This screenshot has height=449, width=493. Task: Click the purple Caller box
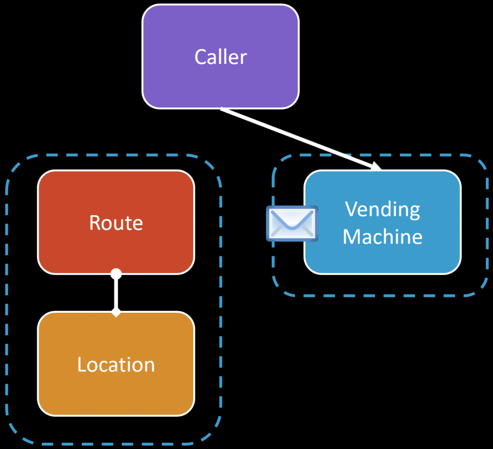pyautogui.click(x=220, y=56)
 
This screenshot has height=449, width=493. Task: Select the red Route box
pyautogui.click(x=116, y=222)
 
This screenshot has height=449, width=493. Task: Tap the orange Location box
pyautogui.click(x=116, y=364)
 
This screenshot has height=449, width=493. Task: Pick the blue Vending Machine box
pyautogui.click(x=383, y=222)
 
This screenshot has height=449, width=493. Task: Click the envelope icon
pyautogui.click(x=292, y=224)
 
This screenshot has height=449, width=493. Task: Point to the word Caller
pyautogui.click(x=220, y=57)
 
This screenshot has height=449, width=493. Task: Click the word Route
pyautogui.click(x=116, y=223)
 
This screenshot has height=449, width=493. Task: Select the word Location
pyautogui.click(x=116, y=364)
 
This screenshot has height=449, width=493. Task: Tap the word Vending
pyautogui.click(x=383, y=210)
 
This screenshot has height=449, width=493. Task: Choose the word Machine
pyautogui.click(x=383, y=236)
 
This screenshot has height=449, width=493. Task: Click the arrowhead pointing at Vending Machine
pyautogui.click(x=376, y=166)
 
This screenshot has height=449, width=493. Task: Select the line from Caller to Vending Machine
pyautogui.click(x=301, y=139)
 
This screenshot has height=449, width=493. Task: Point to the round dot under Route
pyautogui.click(x=116, y=274)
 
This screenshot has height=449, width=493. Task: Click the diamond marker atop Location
pyautogui.click(x=116, y=313)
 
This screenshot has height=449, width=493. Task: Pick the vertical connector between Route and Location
pyautogui.click(x=116, y=293)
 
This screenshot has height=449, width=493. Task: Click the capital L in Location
pyautogui.click(x=82, y=364)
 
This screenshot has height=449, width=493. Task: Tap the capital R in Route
pyautogui.click(x=95, y=223)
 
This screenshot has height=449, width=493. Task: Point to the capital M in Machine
pyautogui.click(x=351, y=236)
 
